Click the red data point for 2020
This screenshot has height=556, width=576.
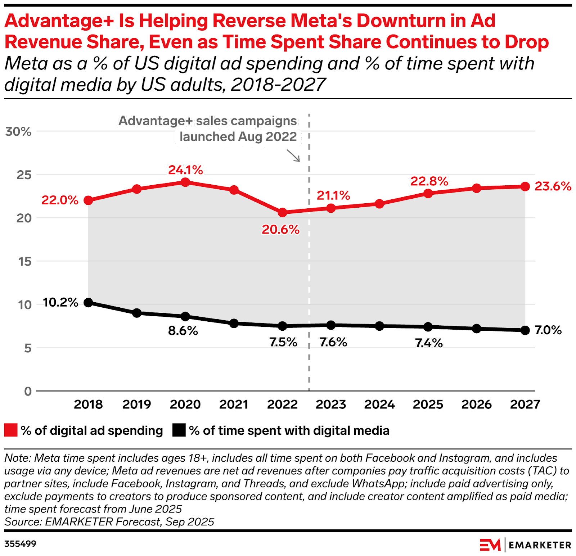[x=185, y=182]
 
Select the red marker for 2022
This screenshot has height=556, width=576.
[x=283, y=213]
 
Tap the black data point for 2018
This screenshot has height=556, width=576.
[x=88, y=303]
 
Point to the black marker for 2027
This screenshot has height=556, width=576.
[x=525, y=330]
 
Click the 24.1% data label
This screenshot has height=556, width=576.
[x=185, y=170]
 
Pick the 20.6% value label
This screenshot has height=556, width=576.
[x=280, y=230]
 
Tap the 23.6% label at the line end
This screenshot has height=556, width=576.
[x=553, y=186]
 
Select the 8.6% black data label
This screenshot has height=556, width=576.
[x=183, y=331]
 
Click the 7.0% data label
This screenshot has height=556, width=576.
[x=548, y=330]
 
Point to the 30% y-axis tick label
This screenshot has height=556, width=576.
[x=18, y=132]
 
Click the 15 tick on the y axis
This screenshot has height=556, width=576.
[x=25, y=262]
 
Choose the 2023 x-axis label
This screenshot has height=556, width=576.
[x=331, y=404]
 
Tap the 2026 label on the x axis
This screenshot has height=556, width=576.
[x=476, y=404]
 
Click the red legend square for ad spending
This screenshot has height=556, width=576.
[x=11, y=430]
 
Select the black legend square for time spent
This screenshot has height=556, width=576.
[x=179, y=430]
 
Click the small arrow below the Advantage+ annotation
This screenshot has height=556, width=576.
[x=293, y=156]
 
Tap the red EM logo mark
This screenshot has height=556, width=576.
[x=490, y=545]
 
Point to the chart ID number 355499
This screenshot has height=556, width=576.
[x=21, y=543]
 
